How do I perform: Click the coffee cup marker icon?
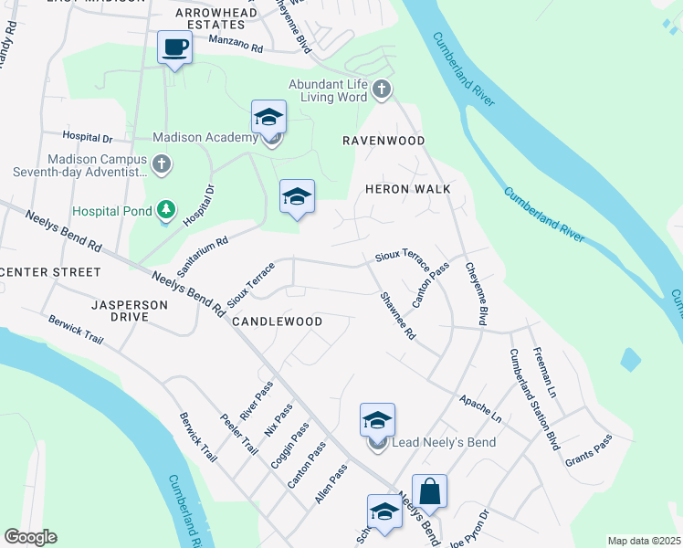173,47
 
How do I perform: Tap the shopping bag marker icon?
429,490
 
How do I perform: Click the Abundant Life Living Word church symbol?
382,89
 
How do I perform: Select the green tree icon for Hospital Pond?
165,211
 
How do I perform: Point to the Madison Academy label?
205,137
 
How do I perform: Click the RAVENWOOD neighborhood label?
384,141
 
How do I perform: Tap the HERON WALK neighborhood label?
403,187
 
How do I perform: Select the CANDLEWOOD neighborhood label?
277,321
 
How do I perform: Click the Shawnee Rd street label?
397,316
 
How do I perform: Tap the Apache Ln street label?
480,406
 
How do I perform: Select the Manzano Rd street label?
236,44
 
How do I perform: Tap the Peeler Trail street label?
238,435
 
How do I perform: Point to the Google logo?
30,537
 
